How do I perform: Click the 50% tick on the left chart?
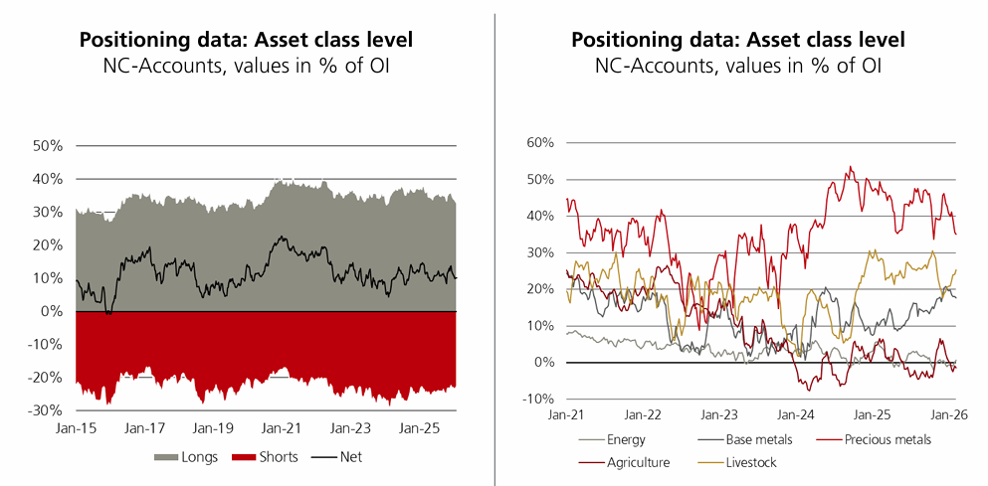click(x=48, y=146)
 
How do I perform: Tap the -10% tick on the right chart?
click(x=536, y=400)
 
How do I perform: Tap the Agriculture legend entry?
click(x=638, y=462)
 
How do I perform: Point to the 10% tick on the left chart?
click(x=48, y=278)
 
